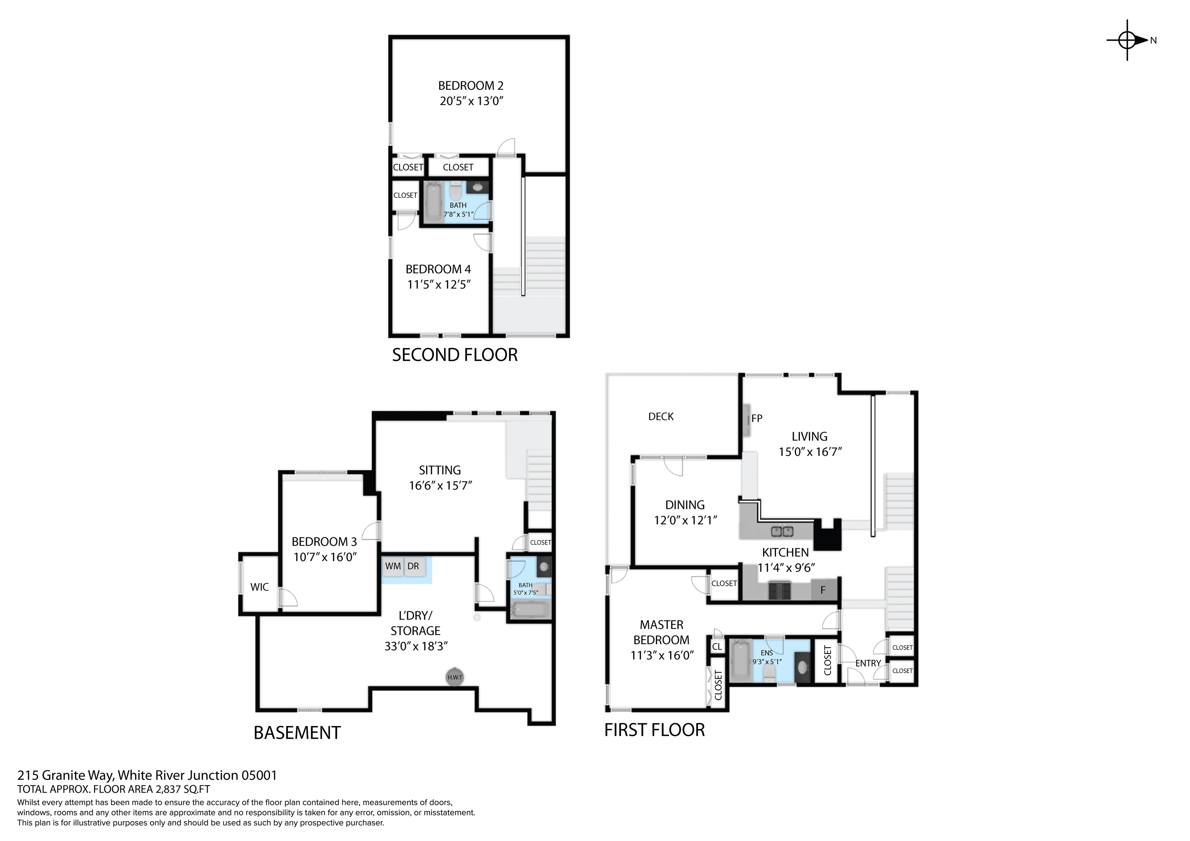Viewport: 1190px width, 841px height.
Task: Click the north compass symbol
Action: (x=1128, y=40)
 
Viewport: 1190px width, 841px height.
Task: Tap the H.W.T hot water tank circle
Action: (x=454, y=677)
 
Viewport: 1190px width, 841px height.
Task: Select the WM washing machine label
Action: (x=393, y=566)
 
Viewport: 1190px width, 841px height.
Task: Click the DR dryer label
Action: (x=413, y=566)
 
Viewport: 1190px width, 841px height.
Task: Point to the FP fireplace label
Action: (x=757, y=418)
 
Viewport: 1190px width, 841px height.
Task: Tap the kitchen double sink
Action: (x=782, y=531)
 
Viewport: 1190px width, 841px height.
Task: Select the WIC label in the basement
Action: (x=259, y=587)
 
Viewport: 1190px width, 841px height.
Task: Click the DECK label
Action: (x=661, y=417)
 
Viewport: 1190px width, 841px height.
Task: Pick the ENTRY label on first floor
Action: (x=868, y=663)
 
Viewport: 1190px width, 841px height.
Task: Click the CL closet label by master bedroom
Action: (x=717, y=647)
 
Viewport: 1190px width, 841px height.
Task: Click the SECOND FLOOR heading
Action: (x=454, y=355)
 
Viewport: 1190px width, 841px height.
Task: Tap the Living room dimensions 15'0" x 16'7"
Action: (x=810, y=452)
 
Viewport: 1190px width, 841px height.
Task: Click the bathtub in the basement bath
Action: (x=530, y=610)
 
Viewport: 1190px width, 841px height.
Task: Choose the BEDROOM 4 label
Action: (x=438, y=269)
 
